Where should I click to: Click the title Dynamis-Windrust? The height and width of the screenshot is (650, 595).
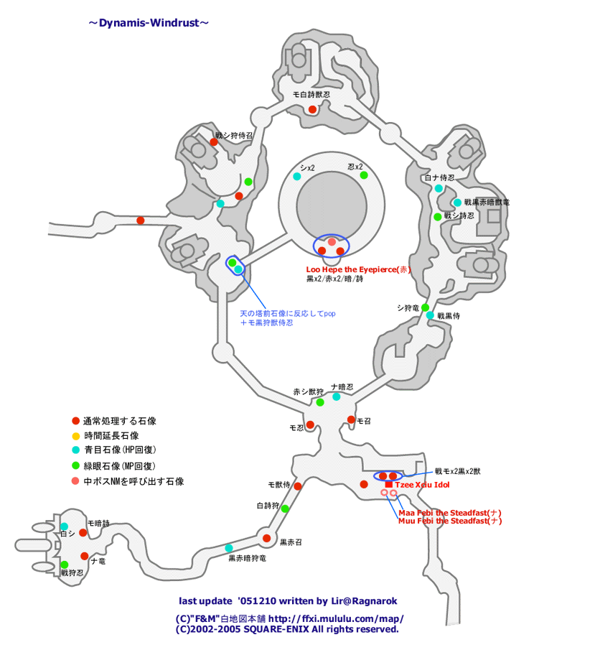pos(149,23)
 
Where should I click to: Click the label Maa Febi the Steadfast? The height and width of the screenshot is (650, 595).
pos(449,513)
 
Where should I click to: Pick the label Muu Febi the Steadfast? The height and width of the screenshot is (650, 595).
pos(449,521)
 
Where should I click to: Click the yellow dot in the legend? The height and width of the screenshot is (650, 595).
pos(75,436)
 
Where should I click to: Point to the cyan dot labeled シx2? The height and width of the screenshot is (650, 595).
pos(297,176)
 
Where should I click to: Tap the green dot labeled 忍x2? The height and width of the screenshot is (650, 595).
pos(364,175)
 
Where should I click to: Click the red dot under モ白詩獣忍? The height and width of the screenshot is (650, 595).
pos(312,109)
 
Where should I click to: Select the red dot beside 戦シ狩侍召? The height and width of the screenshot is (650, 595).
pos(214,142)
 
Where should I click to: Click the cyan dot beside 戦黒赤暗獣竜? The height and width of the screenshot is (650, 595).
pos(457,203)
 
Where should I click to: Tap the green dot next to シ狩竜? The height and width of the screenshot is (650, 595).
pos(426,307)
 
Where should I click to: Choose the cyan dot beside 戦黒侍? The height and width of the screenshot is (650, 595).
pos(430,315)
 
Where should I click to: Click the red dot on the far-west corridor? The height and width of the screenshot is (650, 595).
pos(141,220)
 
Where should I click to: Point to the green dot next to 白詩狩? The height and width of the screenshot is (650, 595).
pos(285,509)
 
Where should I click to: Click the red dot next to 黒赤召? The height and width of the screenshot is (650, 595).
pos(266,538)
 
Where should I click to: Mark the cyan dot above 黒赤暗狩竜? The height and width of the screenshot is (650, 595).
pos(229,548)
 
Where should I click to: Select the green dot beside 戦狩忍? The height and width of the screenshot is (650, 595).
pos(65,565)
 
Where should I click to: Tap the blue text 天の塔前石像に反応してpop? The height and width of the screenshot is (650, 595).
pos(288,314)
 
